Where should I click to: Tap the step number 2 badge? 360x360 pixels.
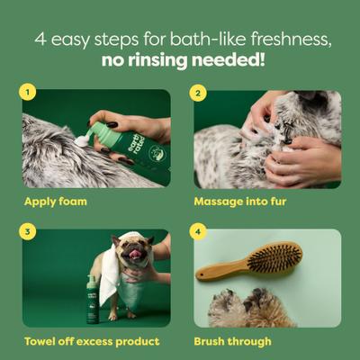pyautogui.click(x=200, y=92)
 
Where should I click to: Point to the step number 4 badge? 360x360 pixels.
pyautogui.click(x=200, y=231)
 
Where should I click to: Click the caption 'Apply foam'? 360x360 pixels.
pyautogui.click(x=56, y=201)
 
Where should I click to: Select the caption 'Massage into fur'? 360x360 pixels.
pyautogui.click(x=240, y=201)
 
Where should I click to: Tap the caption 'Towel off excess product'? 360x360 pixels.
pyautogui.click(x=92, y=341)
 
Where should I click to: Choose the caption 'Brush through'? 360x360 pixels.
pyautogui.click(x=231, y=341)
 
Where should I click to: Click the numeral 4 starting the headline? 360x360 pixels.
pyautogui.click(x=40, y=40)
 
